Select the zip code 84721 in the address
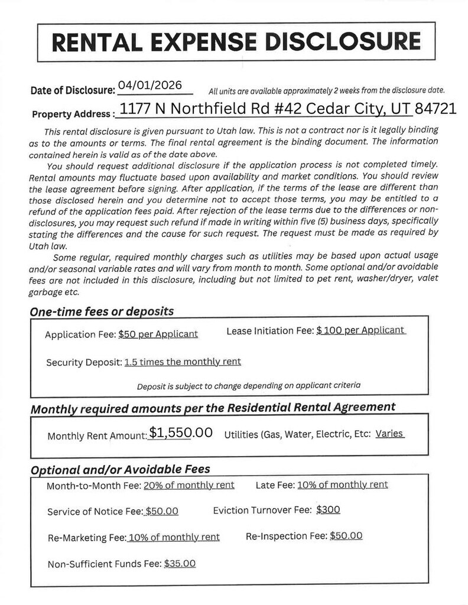click(x=435, y=109)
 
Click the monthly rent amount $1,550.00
click(x=181, y=432)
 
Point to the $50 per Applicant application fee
click(x=158, y=334)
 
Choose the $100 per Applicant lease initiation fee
click(x=360, y=330)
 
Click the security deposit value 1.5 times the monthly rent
click(x=183, y=362)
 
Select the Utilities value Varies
click(x=389, y=434)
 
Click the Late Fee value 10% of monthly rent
click(x=342, y=484)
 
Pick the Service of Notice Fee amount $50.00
click(x=162, y=511)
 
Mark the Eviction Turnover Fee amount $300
click(x=328, y=509)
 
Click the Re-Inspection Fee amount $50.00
click(x=346, y=536)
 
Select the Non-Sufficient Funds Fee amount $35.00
click(x=180, y=564)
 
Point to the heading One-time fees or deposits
click(x=102, y=311)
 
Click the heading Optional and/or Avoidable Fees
click(x=121, y=470)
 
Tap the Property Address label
click(x=73, y=113)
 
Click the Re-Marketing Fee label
click(x=86, y=538)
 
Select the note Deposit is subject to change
click(x=248, y=386)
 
